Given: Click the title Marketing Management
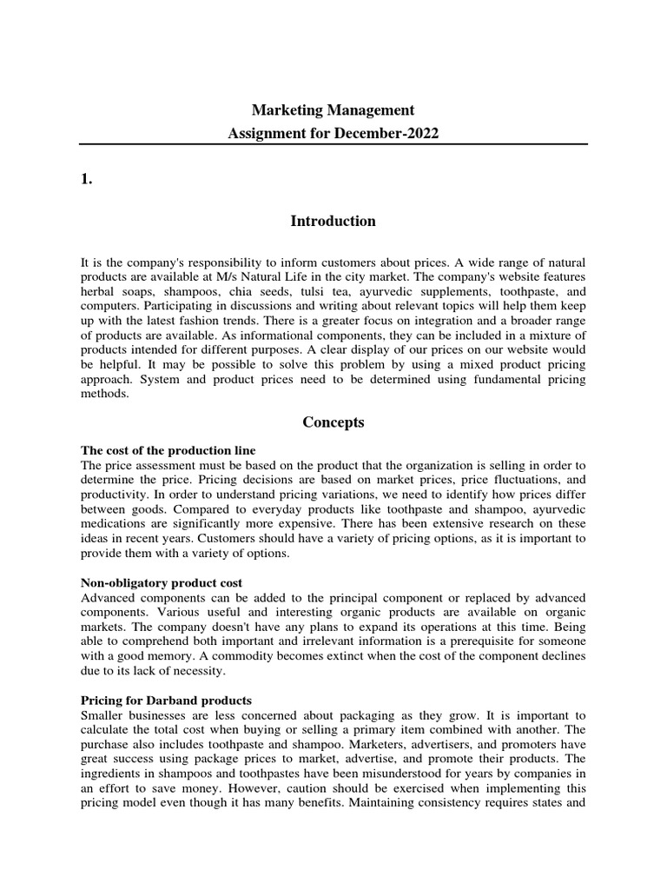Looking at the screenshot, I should point(333,110).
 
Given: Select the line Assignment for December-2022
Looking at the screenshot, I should point(333,135).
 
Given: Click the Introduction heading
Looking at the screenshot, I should point(333,221).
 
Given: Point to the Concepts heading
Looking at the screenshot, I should point(333,422).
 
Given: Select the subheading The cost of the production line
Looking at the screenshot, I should point(168,450).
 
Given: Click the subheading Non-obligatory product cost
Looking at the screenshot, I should point(162,582).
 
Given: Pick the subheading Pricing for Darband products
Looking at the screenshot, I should point(166,700).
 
